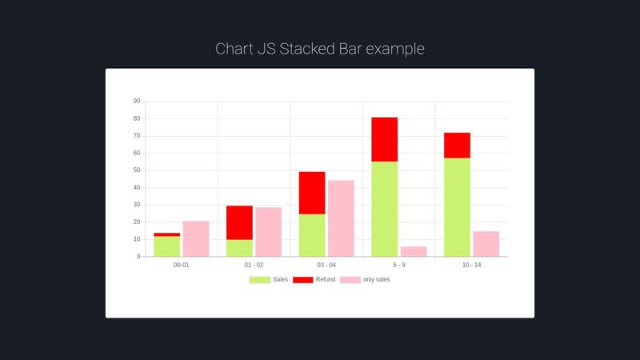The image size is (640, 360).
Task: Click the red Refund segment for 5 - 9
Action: pos(385,139)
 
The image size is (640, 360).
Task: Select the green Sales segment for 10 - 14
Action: pos(457,207)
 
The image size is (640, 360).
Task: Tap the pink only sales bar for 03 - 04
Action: pos(341,218)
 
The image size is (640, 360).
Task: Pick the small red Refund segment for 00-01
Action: pos(167,234)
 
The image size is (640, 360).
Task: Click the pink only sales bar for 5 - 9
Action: pos(414,251)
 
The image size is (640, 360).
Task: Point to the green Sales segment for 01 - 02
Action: pos(239,248)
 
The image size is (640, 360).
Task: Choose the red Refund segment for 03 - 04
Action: pos(312,193)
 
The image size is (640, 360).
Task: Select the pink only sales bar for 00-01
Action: pos(196,238)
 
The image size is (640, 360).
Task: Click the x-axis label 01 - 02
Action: pos(254,265)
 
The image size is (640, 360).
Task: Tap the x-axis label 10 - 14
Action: pos(471,265)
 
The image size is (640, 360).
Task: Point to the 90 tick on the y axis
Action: pos(137,102)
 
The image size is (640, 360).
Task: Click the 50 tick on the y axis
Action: pos(137,170)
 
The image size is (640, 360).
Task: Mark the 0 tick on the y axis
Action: pos(138,256)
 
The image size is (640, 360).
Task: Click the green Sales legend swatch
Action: pos(259,279)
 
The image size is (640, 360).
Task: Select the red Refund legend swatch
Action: pos(303,279)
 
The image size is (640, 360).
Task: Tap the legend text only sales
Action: pos(376,279)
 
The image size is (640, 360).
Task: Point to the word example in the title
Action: pos(395,50)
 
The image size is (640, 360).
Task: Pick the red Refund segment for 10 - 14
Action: pos(457,146)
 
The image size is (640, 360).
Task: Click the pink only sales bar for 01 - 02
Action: pos(269,232)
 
